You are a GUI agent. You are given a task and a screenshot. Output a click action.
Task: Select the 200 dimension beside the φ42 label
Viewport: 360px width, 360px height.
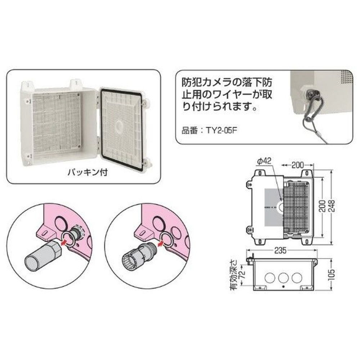click(x=297, y=165)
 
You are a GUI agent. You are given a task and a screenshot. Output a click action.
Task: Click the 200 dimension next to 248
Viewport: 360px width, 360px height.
click(x=325, y=206)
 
